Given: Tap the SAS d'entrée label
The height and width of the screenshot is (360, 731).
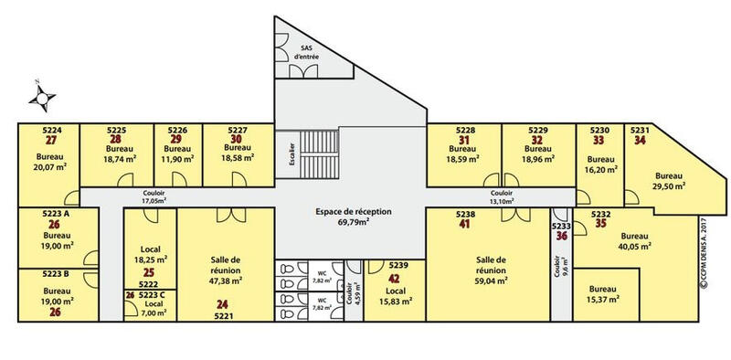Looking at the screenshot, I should pos(306,51).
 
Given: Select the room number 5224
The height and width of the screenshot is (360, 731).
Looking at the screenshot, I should pos(51,131).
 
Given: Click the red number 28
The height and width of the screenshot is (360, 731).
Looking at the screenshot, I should pos(116,140).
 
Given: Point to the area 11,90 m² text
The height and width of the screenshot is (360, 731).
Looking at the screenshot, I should pos(177,159).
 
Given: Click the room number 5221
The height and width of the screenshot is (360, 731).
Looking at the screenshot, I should pos(224,315).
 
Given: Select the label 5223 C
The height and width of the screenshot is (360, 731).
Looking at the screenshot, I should pos(152,294).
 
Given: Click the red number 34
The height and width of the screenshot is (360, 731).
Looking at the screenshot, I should pos(640,141).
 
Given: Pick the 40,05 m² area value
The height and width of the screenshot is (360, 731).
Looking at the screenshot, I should pos(634,246).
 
